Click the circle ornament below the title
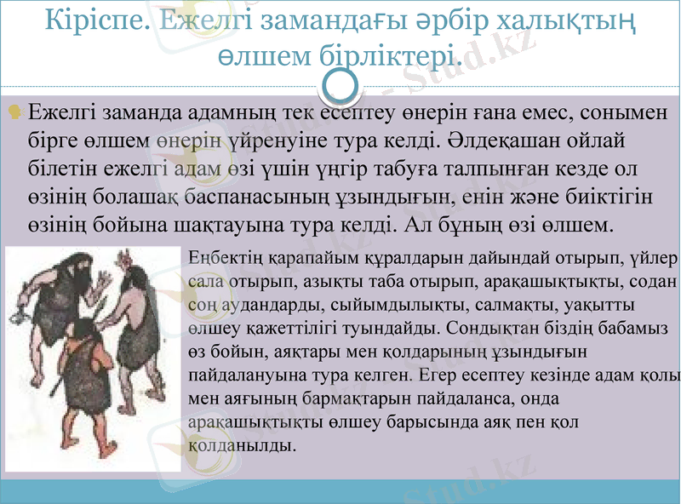tap(340, 85)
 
